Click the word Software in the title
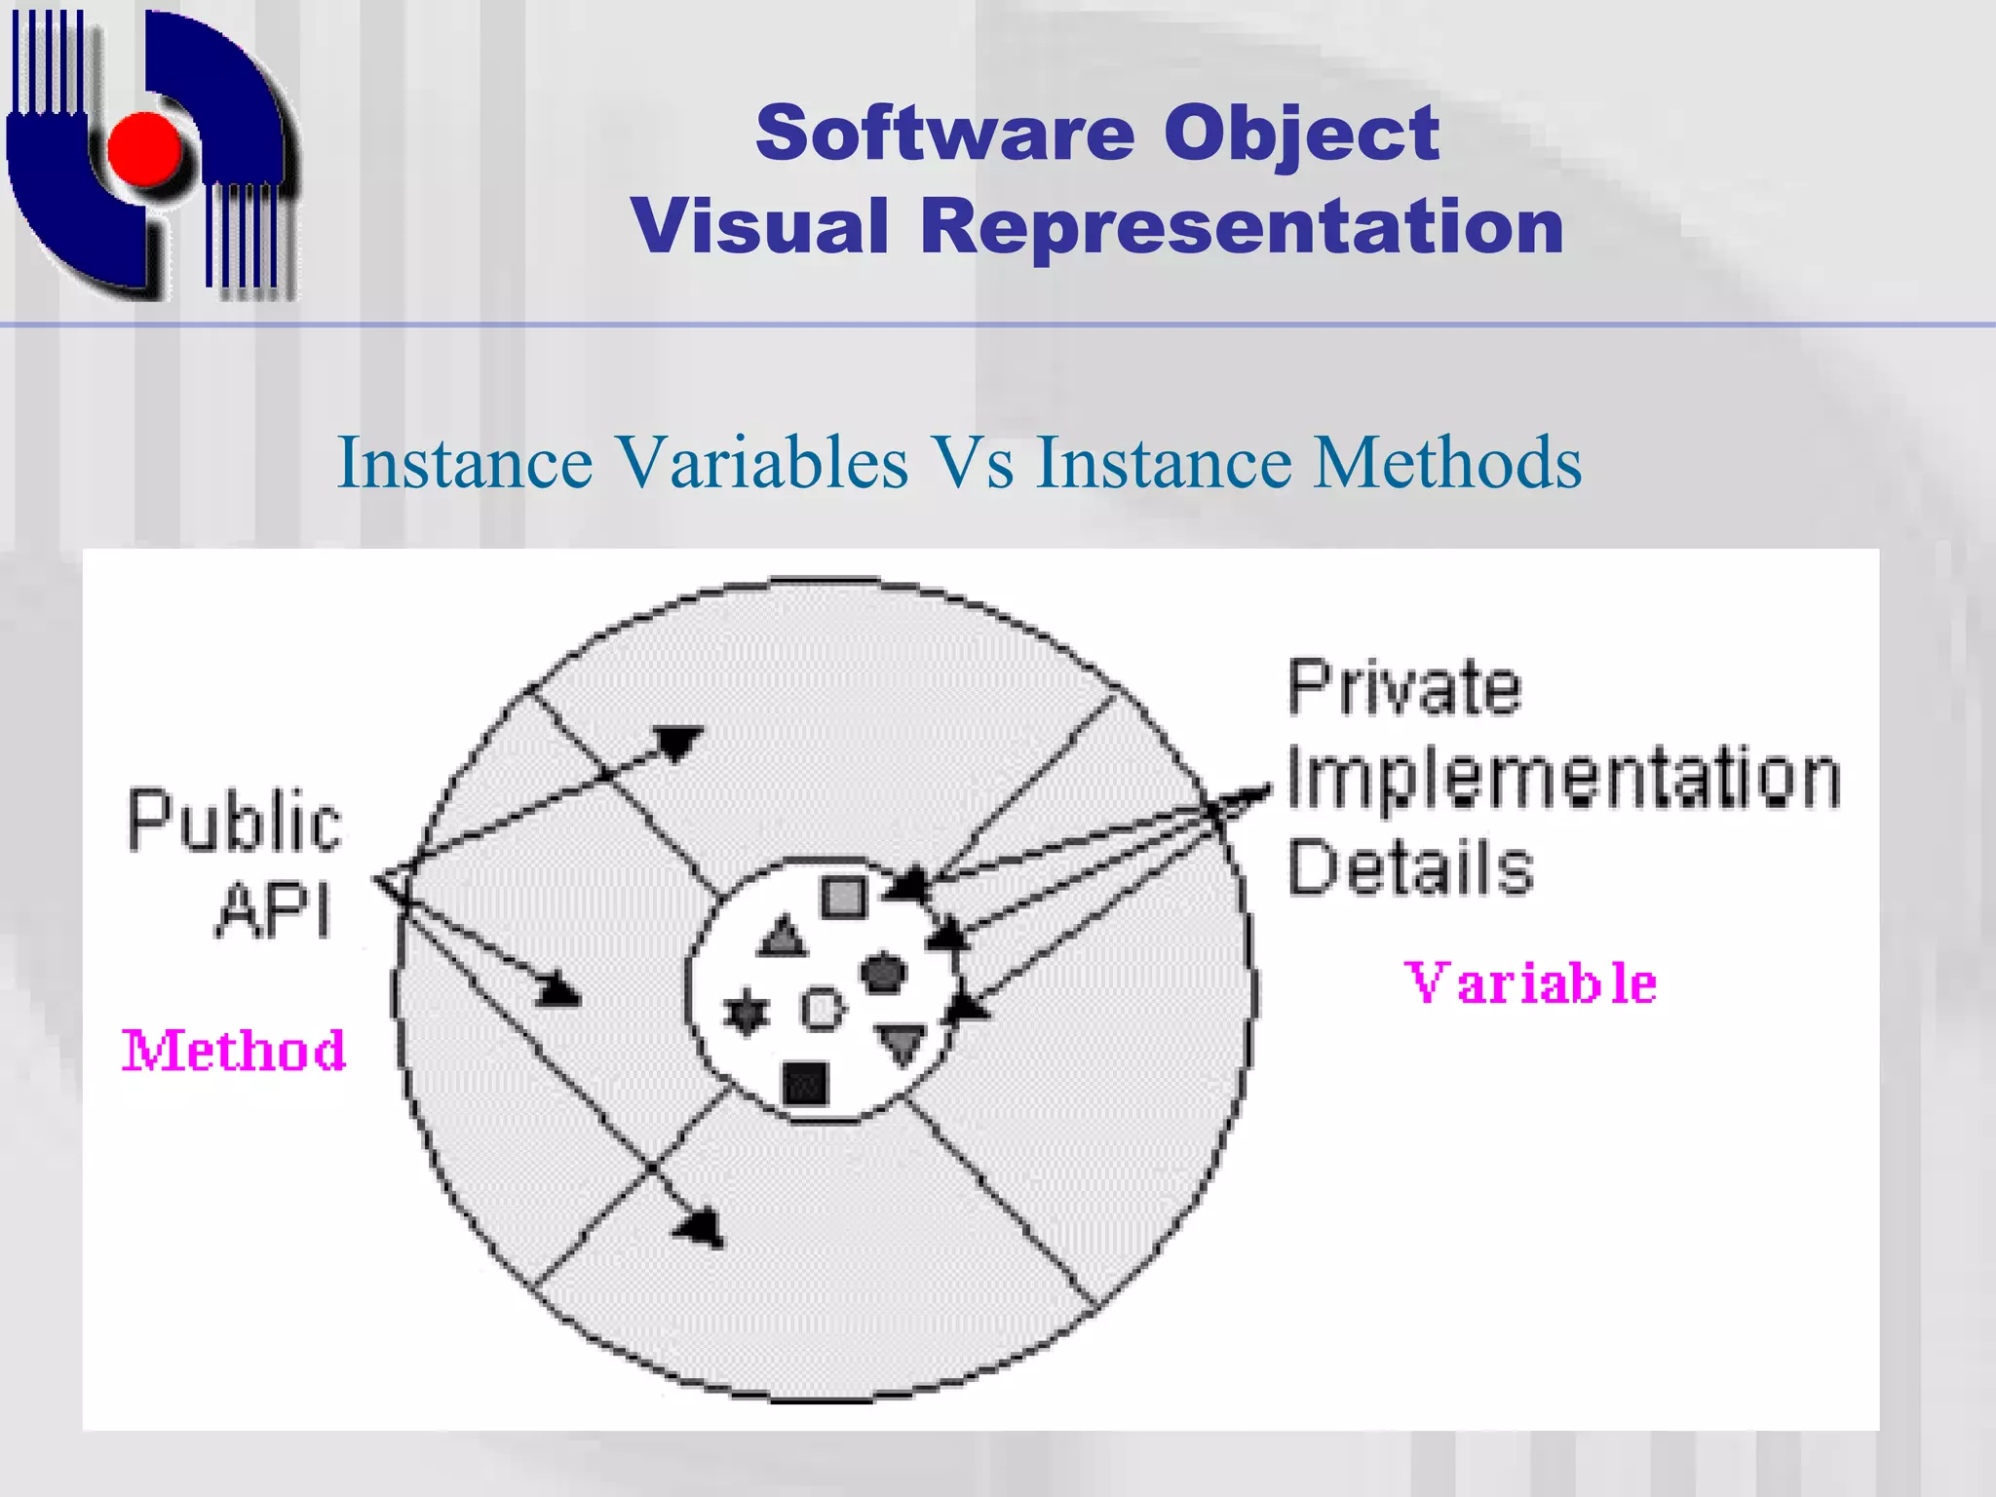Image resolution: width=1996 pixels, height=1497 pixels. pos(944,134)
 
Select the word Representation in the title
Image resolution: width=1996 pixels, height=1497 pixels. pos(1242,226)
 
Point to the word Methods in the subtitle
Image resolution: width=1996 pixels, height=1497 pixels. pos(1447,462)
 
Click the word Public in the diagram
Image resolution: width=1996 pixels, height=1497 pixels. pos(234,822)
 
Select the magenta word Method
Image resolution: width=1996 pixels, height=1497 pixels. pos(234,1052)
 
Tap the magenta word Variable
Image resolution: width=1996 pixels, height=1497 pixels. pos(1530,983)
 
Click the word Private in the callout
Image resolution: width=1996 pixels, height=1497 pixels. pos(1403,688)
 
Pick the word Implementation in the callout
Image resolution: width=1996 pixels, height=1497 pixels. pos(1563,778)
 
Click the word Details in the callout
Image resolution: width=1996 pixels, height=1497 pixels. pos(1409,866)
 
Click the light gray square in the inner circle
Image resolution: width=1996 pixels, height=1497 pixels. pos(843,897)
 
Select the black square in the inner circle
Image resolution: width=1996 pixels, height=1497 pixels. pos(806,1083)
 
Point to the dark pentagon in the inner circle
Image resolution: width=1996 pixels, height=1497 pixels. pos(883,972)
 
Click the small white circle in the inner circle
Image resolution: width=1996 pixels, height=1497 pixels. pos(823,1009)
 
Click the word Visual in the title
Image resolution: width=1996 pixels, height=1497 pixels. pos(759,226)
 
